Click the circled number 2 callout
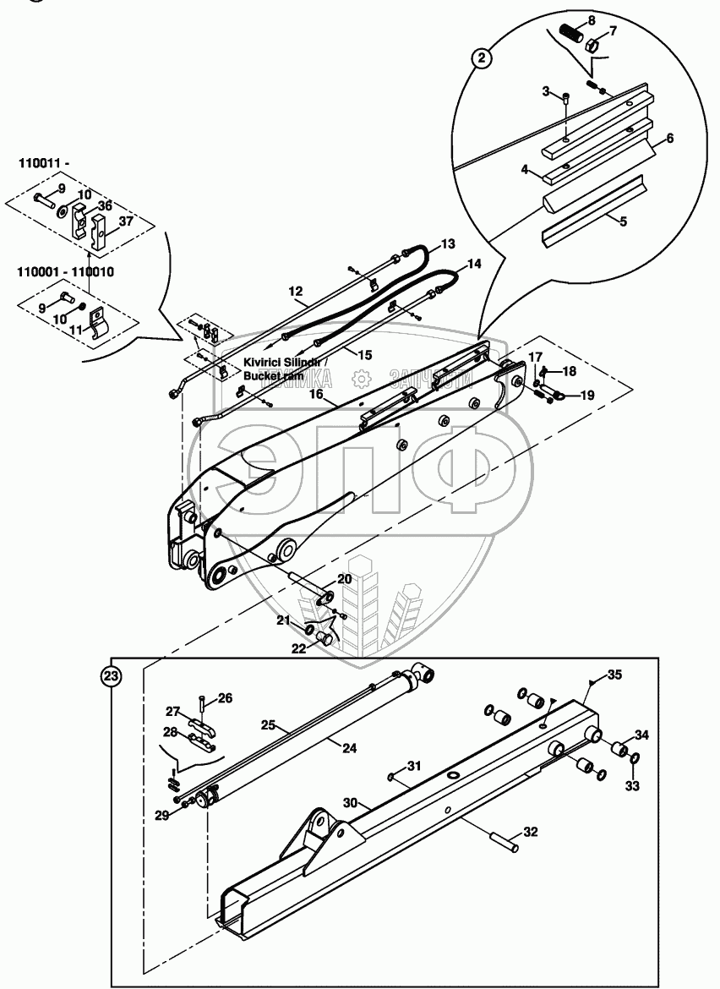[x=481, y=57]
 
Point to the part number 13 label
[x=448, y=243]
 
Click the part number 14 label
[x=474, y=264]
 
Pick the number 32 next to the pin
[x=530, y=832]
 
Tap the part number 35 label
[x=614, y=675]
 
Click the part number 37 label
[x=125, y=221]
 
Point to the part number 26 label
[x=225, y=697]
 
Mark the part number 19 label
[x=587, y=394]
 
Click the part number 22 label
[x=299, y=647]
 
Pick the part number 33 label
[x=632, y=785]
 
